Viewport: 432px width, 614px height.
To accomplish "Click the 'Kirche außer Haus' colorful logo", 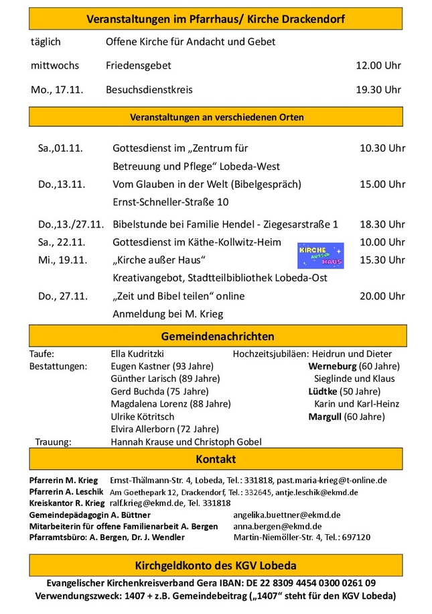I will [320, 256].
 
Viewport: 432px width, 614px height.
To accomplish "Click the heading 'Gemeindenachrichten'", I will [218, 336].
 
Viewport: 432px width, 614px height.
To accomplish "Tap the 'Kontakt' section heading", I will [216, 460].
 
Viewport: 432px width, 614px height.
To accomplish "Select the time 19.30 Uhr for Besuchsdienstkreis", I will [378, 89].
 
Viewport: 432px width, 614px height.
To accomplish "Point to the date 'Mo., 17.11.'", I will [57, 89].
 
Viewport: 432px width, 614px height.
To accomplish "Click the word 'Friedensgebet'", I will [139, 66].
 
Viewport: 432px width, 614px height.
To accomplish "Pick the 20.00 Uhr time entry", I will [382, 296].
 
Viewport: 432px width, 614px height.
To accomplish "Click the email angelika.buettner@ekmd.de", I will [287, 515].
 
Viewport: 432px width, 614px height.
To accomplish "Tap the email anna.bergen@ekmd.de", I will [277, 526].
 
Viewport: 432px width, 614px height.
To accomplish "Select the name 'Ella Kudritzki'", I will [137, 354].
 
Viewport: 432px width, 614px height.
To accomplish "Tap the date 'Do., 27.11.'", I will [62, 296].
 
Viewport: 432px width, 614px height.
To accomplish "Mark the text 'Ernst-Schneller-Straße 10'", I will [171, 202].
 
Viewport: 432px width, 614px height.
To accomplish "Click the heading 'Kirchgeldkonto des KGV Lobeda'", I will [216, 566].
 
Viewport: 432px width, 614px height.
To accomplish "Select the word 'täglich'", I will [46, 42].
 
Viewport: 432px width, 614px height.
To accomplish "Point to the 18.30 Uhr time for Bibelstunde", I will [382, 224].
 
